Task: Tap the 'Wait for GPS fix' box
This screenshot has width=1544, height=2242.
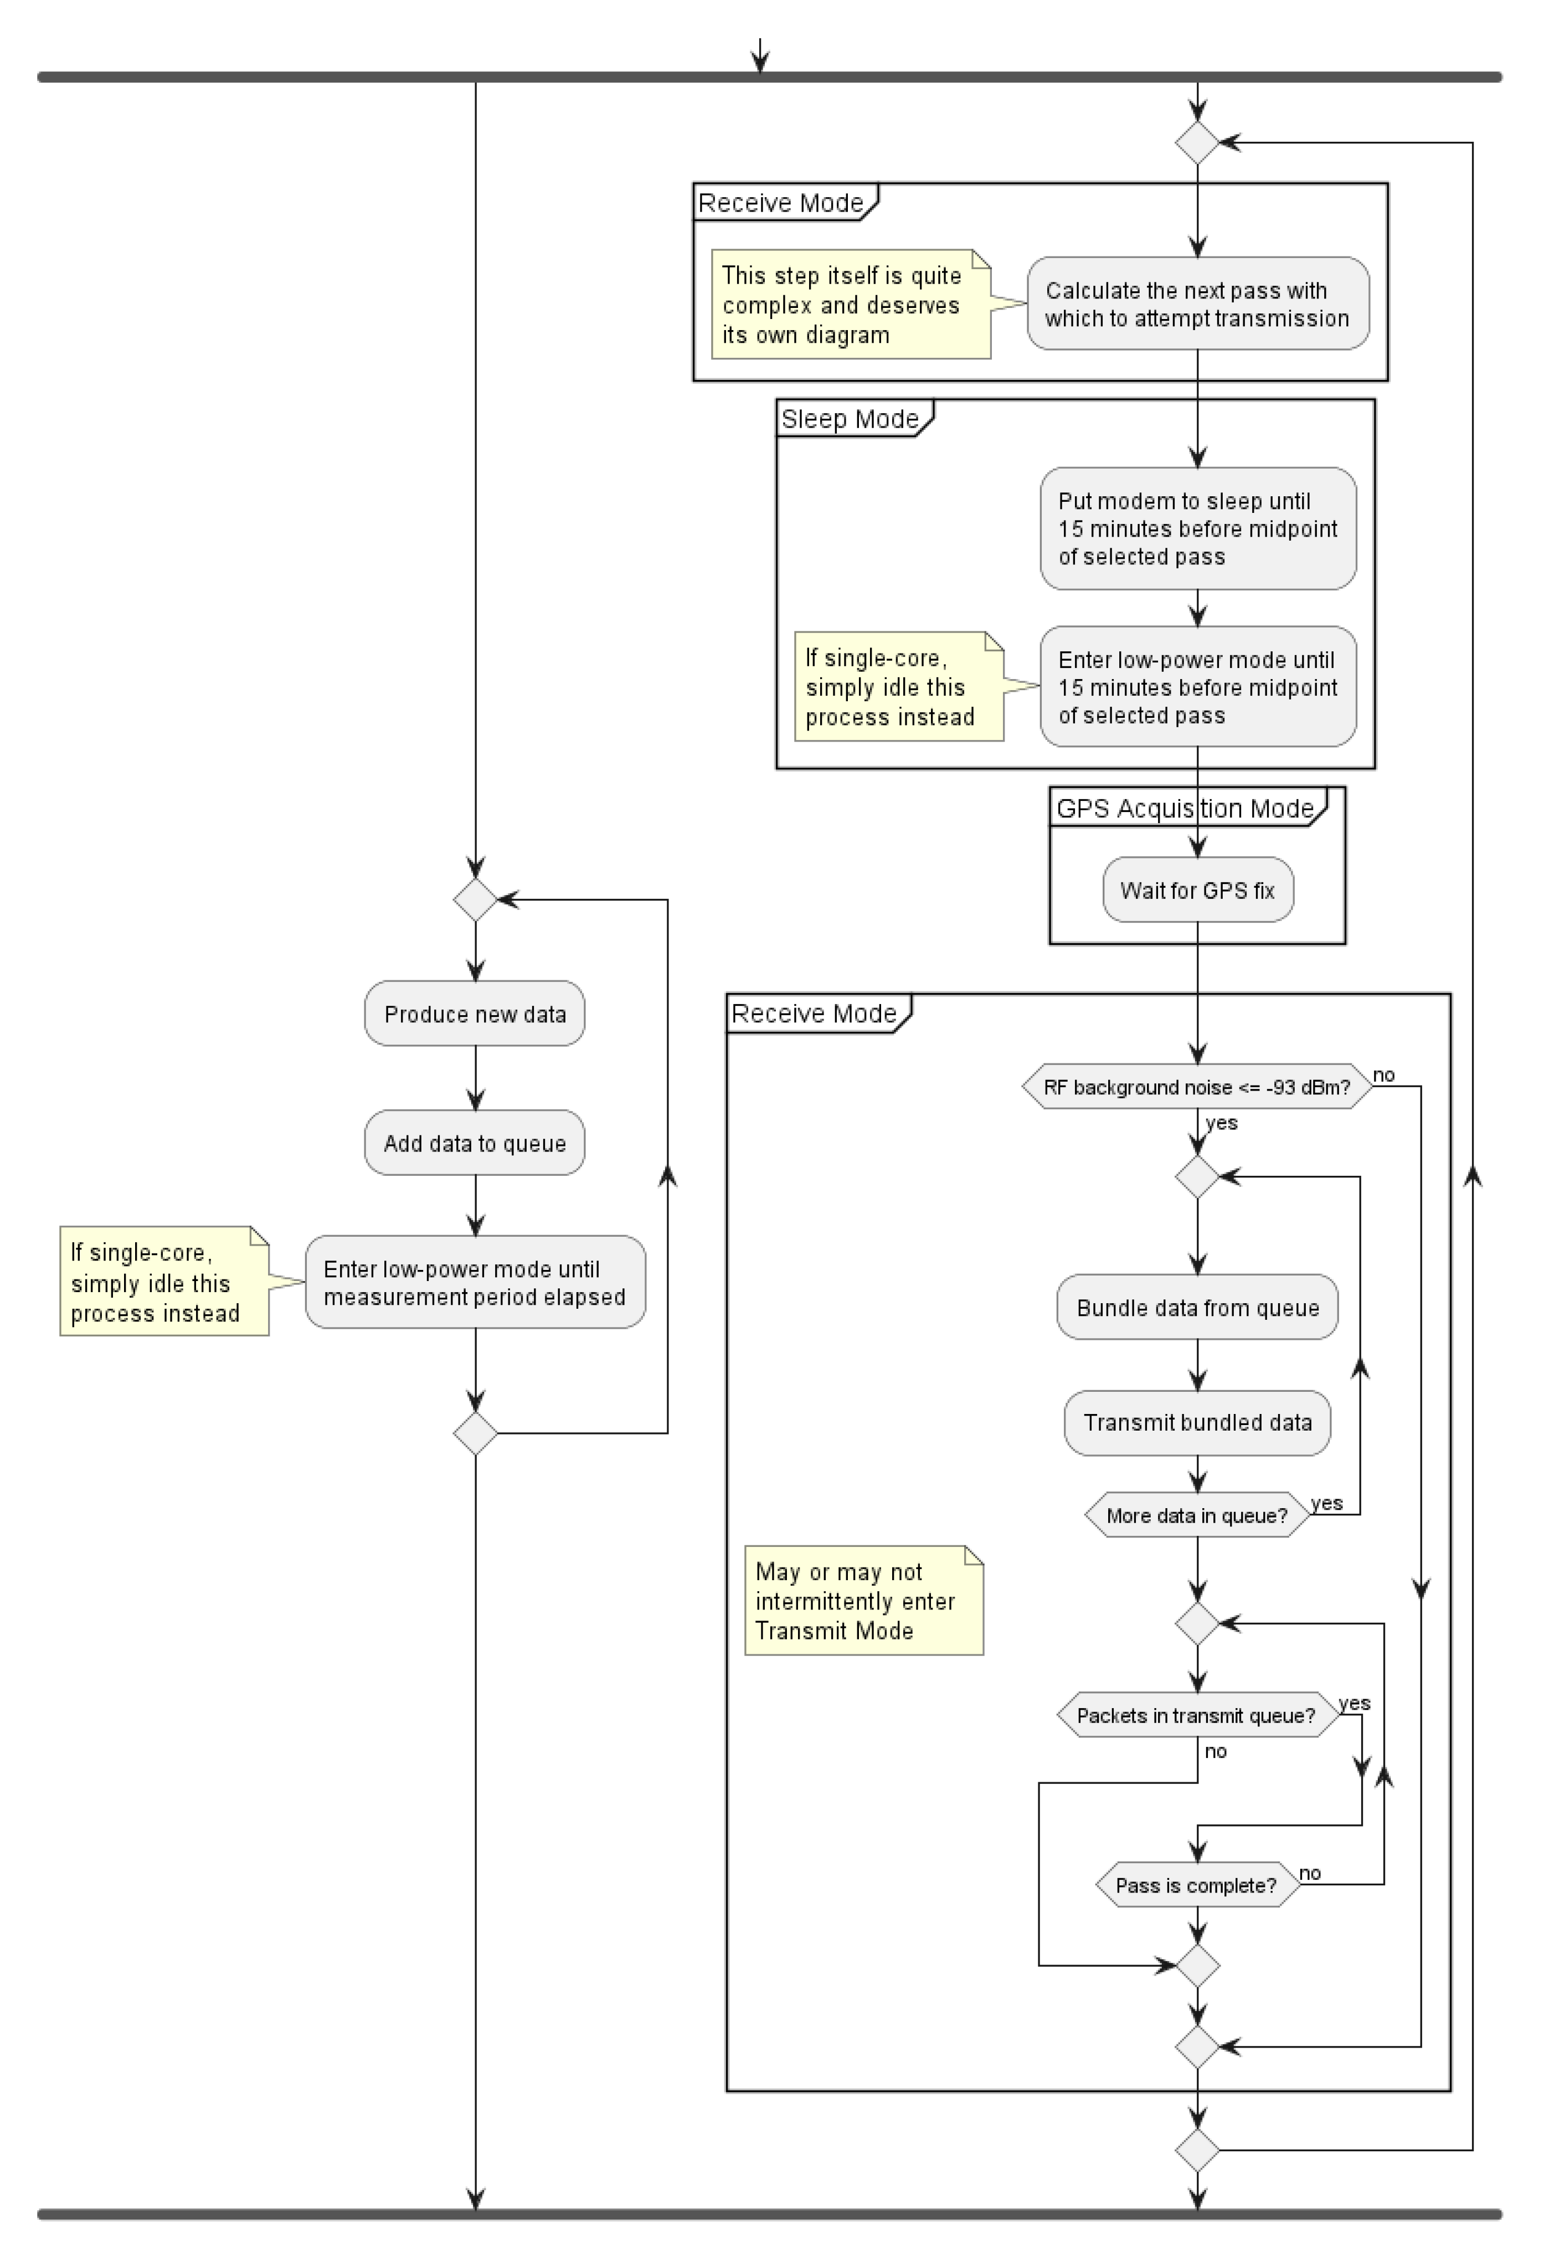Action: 1198,890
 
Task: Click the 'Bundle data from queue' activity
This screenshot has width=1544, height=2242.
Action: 1198,1308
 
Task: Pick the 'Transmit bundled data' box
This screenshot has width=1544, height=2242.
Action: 1198,1423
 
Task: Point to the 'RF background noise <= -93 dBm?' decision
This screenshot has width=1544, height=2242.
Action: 1198,1087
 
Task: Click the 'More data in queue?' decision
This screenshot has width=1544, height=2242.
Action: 1198,1516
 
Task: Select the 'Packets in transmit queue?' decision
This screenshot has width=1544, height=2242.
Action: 1198,1716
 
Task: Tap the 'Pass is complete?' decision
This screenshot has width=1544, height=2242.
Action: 1198,1886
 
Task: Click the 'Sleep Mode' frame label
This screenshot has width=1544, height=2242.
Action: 850,419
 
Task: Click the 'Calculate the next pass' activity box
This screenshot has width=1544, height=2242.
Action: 1198,304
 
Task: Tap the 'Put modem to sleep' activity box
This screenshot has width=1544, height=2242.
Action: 1198,528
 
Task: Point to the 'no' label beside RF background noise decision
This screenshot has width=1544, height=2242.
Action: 1385,1074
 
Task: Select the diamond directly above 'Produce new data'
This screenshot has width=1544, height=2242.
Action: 475,899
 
